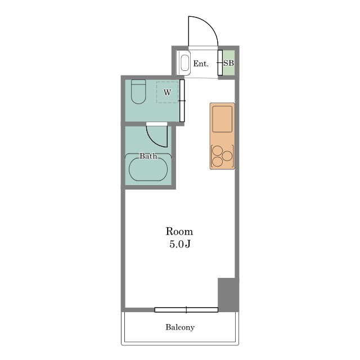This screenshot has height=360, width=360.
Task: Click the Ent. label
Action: [201, 64]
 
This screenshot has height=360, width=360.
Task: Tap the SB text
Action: [229, 63]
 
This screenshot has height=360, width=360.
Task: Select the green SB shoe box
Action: [229, 62]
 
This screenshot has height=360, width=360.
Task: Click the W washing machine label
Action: [168, 92]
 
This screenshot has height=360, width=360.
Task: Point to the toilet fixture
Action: [138, 91]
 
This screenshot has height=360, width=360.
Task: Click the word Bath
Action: [148, 156]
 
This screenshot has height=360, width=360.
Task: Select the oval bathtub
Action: [148, 169]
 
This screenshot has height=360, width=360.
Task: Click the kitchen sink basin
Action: [222, 119]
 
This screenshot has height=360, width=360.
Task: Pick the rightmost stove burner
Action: [227, 156]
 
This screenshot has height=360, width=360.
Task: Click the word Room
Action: [179, 231]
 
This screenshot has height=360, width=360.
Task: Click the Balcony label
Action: [180, 327]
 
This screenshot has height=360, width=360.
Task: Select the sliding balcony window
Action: [186, 310]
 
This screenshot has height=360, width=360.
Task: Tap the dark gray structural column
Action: [228, 295]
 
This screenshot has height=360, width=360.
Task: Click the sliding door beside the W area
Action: [182, 101]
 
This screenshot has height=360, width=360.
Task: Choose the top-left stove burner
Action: [217, 151]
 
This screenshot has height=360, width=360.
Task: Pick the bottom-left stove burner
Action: [217, 161]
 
